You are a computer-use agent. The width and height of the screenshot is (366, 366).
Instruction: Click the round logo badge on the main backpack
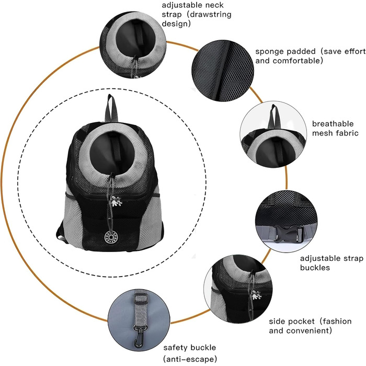109,237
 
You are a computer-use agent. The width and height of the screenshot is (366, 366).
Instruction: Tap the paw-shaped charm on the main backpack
116,201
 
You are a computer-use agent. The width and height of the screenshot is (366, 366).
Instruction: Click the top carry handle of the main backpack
111,108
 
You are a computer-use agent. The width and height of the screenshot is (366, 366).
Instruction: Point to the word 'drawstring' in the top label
210,15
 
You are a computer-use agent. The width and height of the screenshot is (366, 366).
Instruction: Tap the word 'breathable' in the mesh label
333,124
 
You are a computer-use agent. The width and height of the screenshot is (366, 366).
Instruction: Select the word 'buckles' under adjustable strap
315,268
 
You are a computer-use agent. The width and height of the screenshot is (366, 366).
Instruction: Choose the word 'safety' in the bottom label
175,348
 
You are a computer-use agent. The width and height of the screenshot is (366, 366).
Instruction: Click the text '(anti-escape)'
190,359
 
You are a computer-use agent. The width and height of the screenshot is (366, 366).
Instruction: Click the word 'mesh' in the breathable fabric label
323,133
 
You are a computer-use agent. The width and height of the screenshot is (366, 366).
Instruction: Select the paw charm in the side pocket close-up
256,295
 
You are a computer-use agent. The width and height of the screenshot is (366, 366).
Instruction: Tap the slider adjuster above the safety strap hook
141,299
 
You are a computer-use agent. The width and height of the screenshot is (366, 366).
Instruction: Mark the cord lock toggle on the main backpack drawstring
112,176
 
